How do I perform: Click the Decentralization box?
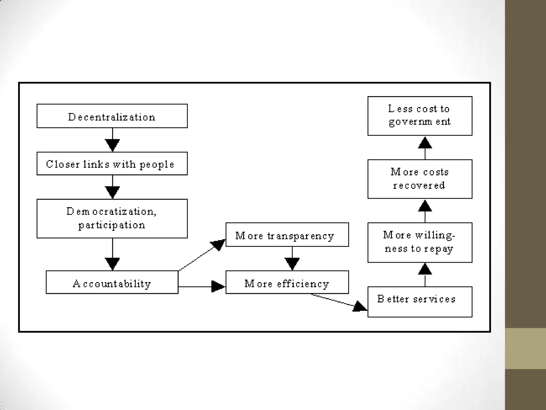click(112, 116)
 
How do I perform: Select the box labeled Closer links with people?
click(112, 164)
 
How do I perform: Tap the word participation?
click(112, 225)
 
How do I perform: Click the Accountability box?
click(112, 282)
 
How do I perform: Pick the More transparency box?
click(287, 235)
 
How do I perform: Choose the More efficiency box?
click(287, 282)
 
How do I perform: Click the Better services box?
click(420, 302)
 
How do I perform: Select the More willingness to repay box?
click(420, 242)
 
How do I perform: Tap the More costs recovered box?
click(420, 179)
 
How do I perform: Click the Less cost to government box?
click(420, 116)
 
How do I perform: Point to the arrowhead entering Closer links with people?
click(112, 145)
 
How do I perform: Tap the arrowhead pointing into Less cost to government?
click(425, 143)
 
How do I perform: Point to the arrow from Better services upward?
click(425, 275)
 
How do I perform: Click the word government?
click(420, 122)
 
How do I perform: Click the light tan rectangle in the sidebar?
click(525, 348)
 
